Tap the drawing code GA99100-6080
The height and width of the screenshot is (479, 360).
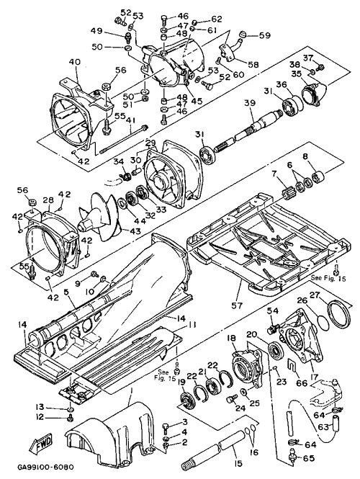(45, 467)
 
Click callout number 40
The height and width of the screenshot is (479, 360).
(74, 62)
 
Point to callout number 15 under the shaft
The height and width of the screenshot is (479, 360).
(238, 463)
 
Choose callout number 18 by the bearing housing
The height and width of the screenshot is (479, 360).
(231, 339)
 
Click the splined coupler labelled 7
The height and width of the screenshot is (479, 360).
(287, 194)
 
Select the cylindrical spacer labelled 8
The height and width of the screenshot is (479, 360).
(318, 177)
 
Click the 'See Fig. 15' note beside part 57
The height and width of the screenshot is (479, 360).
(329, 278)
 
